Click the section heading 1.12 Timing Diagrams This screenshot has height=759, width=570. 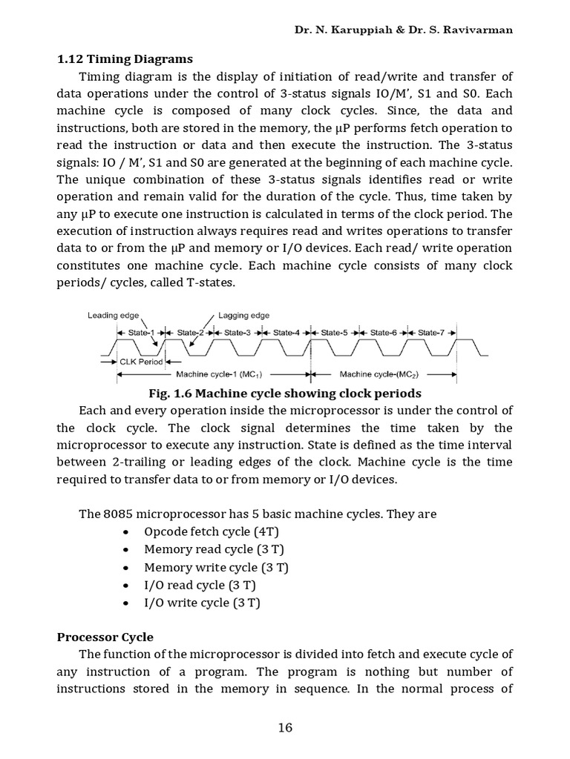point(125,59)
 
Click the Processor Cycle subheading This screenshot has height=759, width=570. point(105,637)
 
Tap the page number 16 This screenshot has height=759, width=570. point(286,727)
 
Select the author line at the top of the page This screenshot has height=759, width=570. point(404,30)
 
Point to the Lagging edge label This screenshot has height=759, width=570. point(244,315)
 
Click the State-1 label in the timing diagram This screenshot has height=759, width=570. point(140,333)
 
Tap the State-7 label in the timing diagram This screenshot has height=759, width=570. point(431,333)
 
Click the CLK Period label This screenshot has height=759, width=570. point(140,362)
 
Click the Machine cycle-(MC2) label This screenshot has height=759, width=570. point(376,374)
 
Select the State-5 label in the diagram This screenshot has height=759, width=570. point(335,333)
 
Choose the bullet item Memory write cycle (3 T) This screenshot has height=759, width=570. point(216,567)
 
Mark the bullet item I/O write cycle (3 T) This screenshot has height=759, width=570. point(202,603)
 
